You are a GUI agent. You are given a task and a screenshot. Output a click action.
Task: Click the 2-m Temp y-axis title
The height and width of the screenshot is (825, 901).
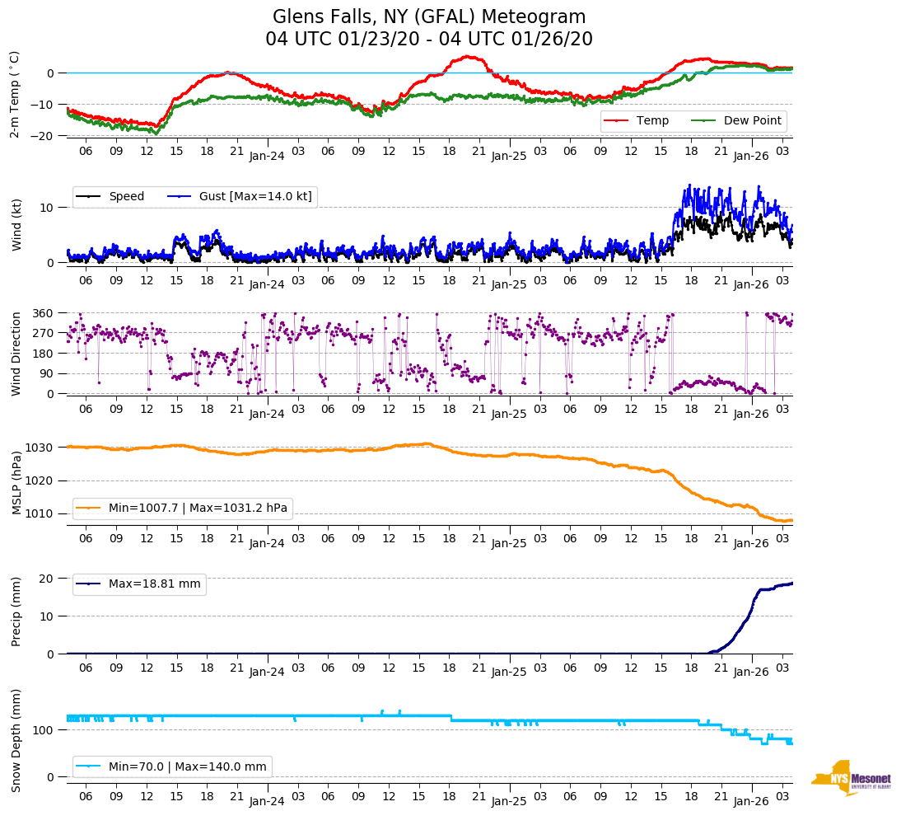pos(15,94)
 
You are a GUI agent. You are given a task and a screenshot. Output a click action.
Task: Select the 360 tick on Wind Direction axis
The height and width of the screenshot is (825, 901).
pos(44,314)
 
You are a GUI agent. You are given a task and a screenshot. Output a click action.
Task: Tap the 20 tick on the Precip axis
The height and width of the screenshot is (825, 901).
pos(48,579)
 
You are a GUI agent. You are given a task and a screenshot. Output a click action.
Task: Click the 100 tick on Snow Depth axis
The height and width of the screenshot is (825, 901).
pos(44,730)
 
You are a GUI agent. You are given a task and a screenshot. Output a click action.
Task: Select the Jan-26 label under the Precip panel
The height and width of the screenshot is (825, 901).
pos(751,672)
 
